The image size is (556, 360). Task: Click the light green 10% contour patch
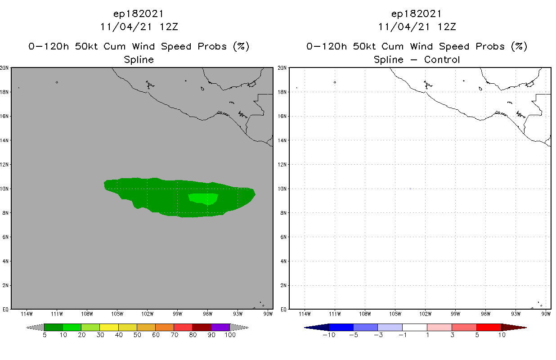(203, 198)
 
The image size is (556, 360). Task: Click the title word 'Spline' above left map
(139, 60)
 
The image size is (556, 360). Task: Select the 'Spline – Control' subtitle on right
(417, 60)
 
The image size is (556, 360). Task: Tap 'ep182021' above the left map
(139, 14)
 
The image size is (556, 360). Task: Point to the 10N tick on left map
(5, 189)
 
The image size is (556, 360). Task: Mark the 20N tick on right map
(283, 68)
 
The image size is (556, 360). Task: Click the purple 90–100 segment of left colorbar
(220, 327)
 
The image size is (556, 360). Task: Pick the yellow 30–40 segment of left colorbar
(109, 327)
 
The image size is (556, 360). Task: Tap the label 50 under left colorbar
(137, 335)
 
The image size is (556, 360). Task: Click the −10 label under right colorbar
(328, 335)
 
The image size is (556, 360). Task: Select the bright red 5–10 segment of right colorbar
(489, 327)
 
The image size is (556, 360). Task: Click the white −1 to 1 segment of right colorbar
(415, 327)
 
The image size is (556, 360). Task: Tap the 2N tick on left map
(5, 286)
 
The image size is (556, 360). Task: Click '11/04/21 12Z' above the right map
(417, 27)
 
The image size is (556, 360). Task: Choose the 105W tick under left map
(117, 314)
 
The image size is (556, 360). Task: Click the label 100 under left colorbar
(230, 335)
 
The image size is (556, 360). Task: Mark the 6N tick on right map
(283, 237)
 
